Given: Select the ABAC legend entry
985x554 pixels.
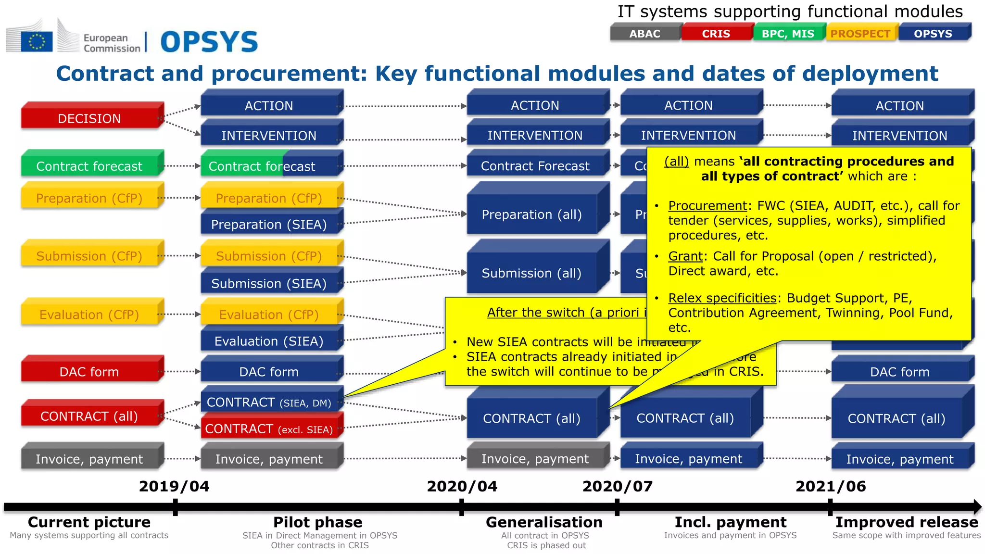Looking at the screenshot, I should pos(644,34).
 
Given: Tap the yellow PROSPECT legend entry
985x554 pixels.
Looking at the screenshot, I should pos(860,34).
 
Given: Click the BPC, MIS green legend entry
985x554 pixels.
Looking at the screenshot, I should pos(788,34).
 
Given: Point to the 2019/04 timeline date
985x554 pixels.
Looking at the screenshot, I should pos(174,486).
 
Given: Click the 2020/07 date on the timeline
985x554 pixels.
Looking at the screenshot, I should pos(618,486).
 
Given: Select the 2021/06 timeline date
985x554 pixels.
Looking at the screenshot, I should pos(831,486).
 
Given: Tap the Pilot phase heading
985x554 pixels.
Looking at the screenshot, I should pos(318,522).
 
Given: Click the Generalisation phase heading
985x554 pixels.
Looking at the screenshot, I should pos(544,522).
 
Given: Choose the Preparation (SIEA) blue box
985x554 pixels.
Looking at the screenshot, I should pos(269,224).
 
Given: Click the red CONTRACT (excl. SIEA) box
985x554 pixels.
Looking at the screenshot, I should pos(269,428).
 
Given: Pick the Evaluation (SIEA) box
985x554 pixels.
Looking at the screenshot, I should pos(269,341).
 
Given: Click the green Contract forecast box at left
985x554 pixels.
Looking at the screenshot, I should pos(89,166).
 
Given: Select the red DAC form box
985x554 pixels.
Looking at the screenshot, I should pos(89,371).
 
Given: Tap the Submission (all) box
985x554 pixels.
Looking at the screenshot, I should pos(531,273).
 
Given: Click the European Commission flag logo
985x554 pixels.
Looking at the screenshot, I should pos(37,41).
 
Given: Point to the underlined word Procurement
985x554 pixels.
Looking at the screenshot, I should pos(707,205).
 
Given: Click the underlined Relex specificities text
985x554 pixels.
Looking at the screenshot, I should pos(722,298).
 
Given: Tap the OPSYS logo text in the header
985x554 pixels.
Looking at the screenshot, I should pos(209,42).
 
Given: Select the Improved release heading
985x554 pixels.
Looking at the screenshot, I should pos(907,522).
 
